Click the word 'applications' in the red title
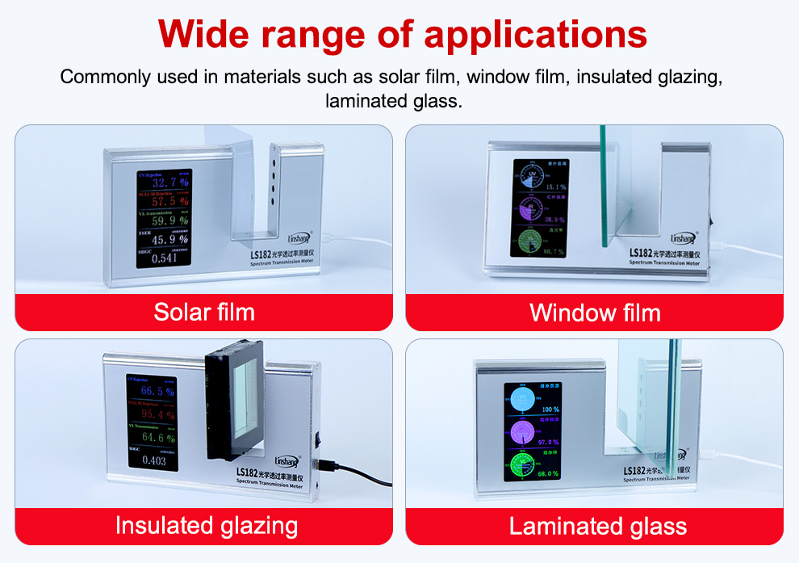coord(536,36)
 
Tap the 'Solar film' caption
coord(204,312)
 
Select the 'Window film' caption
coord(595,313)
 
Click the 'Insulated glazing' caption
coord(207,526)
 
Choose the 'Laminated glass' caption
coord(598,527)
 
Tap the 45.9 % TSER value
coord(170,239)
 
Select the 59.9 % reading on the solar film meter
coord(170,221)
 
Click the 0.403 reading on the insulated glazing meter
coord(153,461)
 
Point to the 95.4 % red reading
coord(157,415)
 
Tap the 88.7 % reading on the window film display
coord(554,253)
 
